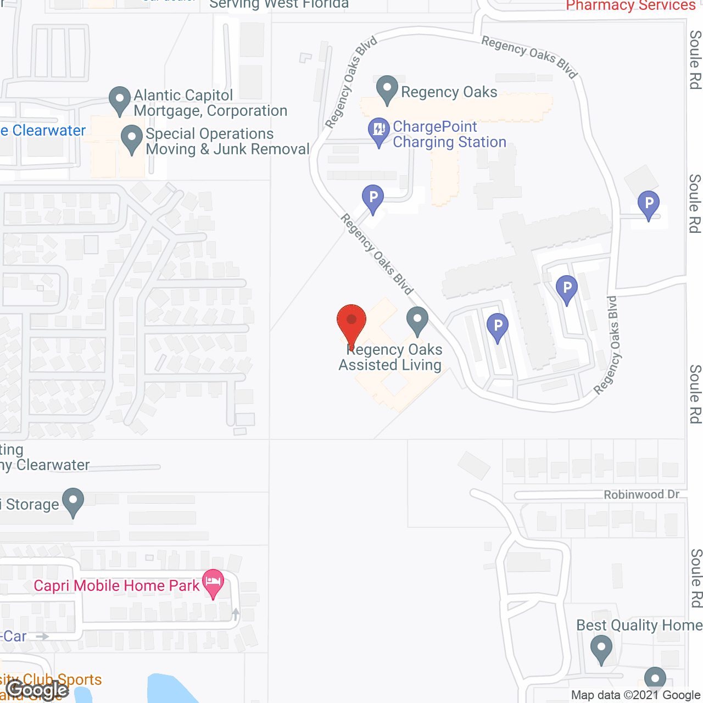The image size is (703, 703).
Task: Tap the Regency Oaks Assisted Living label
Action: point(390,358)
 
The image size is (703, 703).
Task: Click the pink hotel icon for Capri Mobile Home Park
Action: point(213,583)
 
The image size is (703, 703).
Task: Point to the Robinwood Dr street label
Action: point(641,494)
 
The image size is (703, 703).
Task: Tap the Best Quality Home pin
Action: point(601,648)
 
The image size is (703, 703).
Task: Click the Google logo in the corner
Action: point(37,690)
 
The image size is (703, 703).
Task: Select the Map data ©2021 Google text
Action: point(635,695)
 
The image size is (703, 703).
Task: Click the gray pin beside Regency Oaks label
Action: point(387,89)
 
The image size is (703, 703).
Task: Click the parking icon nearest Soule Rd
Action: point(649,204)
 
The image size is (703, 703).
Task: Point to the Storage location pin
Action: point(72,501)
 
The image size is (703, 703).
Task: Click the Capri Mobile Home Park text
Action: point(116,585)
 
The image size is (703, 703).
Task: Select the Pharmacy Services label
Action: point(631,5)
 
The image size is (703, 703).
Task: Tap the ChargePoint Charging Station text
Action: point(449,134)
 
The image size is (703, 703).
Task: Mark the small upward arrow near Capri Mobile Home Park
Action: point(236,613)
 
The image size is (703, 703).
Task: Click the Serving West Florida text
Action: point(279,5)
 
